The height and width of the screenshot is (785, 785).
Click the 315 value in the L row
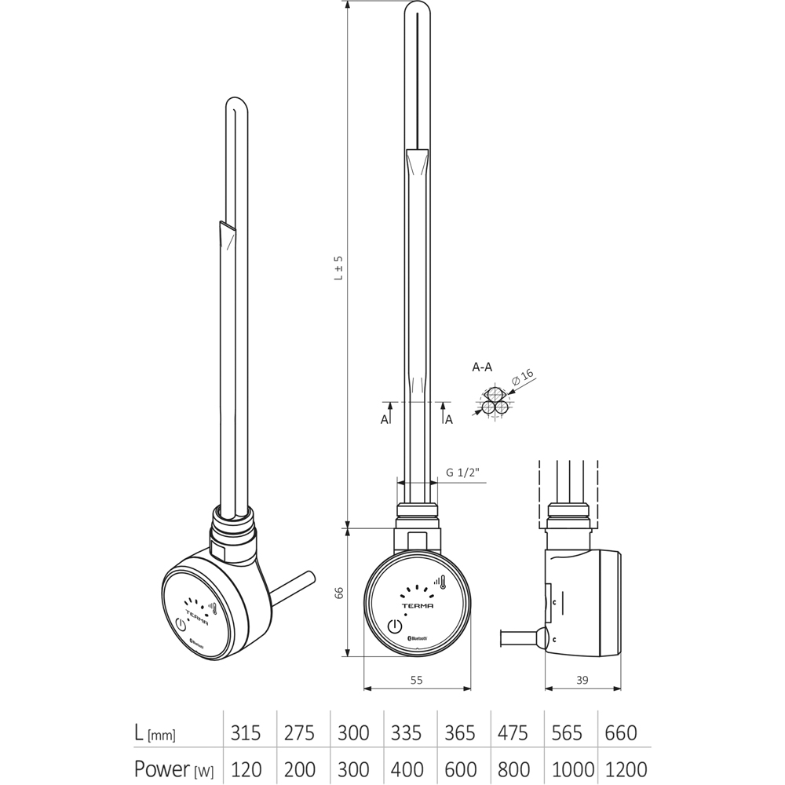(x=246, y=733)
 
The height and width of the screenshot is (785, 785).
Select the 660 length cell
(x=620, y=733)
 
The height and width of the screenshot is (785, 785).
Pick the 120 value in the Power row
(x=246, y=769)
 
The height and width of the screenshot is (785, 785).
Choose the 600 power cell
(x=460, y=769)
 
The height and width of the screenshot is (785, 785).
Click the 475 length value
(x=513, y=733)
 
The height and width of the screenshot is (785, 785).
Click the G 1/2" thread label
(x=462, y=473)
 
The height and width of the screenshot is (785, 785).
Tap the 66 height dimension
(x=338, y=593)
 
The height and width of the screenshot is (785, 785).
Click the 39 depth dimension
(x=582, y=681)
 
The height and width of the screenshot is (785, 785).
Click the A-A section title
(x=483, y=367)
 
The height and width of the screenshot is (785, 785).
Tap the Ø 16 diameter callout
(x=523, y=378)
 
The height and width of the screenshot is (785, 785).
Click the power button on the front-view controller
(x=394, y=626)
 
